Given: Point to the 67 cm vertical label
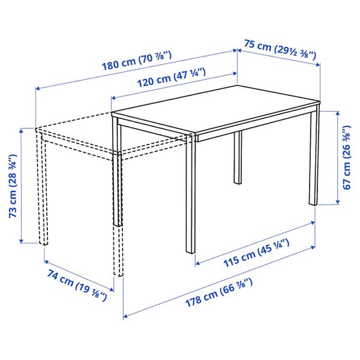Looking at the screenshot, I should [347, 157].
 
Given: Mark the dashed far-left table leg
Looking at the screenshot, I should [43, 192].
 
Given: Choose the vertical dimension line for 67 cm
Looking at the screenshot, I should [337, 157].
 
